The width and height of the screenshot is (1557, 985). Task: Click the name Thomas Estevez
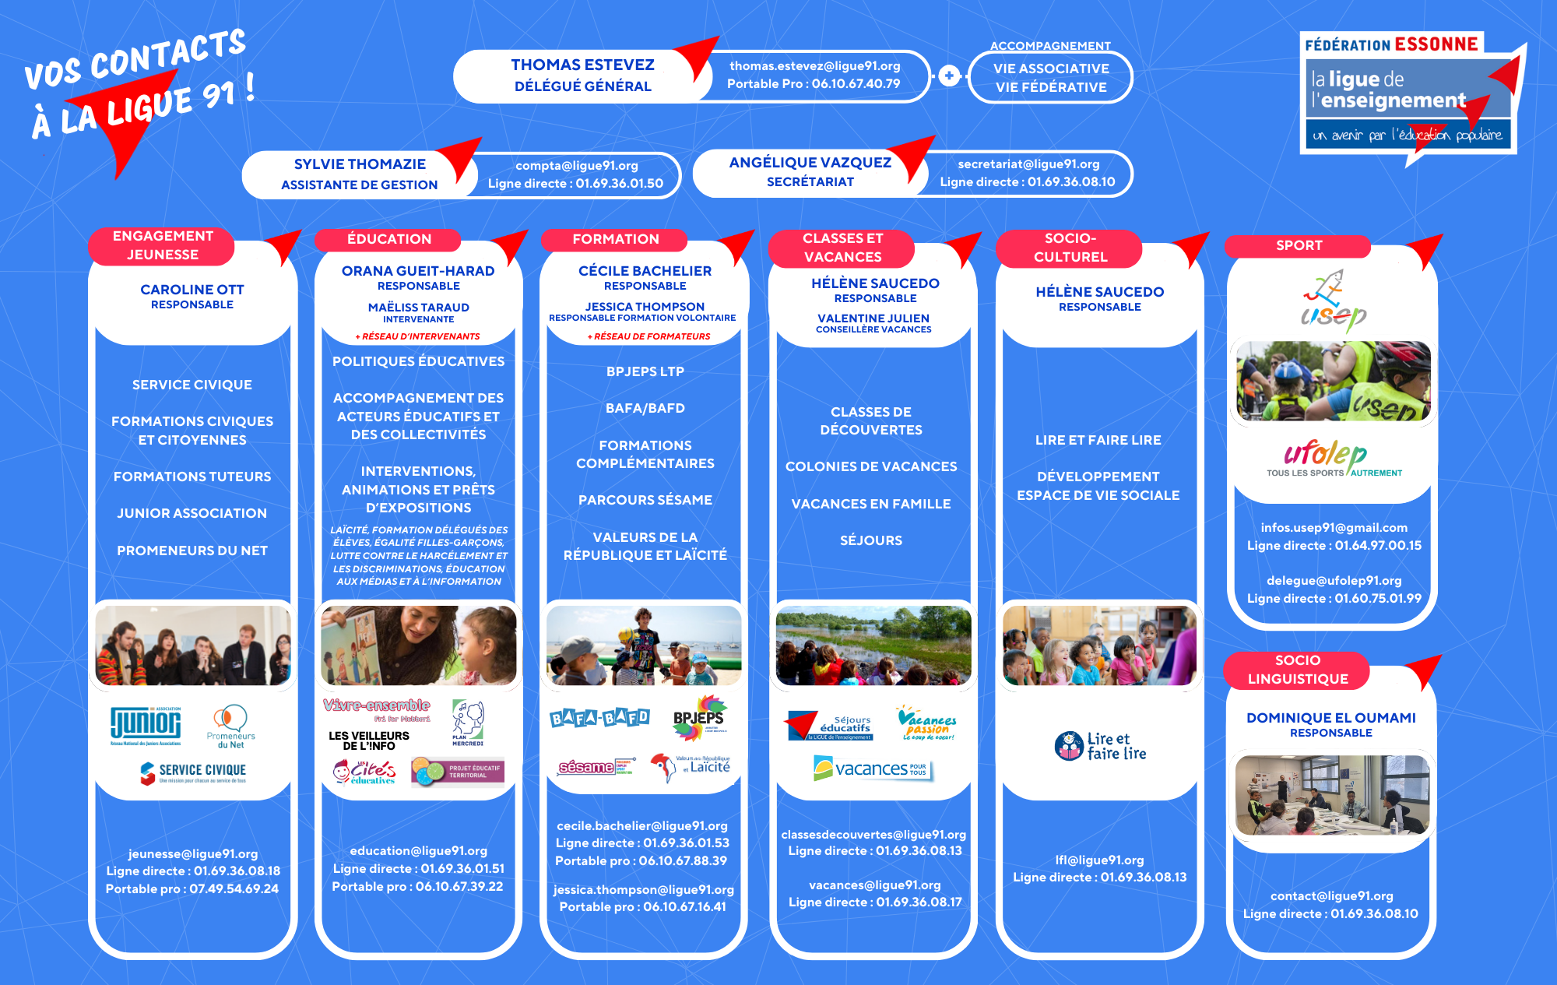click(x=582, y=65)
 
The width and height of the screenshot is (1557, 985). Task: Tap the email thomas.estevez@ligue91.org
click(x=814, y=66)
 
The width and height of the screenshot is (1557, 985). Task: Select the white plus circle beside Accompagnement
click(x=949, y=76)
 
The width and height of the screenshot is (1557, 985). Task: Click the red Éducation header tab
click(x=388, y=239)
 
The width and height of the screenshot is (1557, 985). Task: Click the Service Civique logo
click(x=193, y=772)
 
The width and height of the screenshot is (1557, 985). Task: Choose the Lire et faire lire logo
click(x=1100, y=746)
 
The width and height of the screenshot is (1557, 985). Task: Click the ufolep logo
click(x=1334, y=458)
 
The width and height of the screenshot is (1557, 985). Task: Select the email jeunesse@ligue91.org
click(x=192, y=853)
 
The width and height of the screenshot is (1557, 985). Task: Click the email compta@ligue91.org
click(x=576, y=166)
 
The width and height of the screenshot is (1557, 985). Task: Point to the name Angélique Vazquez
click(x=810, y=163)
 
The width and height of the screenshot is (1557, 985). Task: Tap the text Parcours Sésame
click(x=645, y=500)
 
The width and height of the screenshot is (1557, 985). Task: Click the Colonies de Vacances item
click(x=870, y=466)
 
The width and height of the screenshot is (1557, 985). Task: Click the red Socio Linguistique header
click(x=1297, y=670)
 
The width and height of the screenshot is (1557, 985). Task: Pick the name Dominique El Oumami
click(x=1330, y=718)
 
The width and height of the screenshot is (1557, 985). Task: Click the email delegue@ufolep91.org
click(x=1334, y=580)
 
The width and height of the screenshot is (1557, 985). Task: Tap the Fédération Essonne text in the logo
click(x=1391, y=44)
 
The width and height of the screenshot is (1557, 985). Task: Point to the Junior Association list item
click(x=192, y=513)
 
